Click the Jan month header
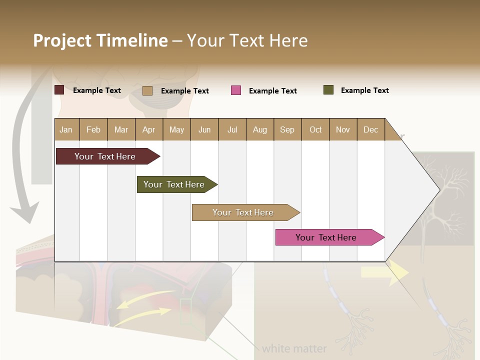pyautogui.click(x=66, y=129)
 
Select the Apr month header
pyautogui.click(x=148, y=129)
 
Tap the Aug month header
pyautogui.click(x=259, y=129)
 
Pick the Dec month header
pyautogui.click(x=370, y=129)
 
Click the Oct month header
pyautogui.click(x=315, y=129)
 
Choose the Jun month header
pyautogui.click(x=204, y=129)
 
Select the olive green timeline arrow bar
pyautogui.click(x=175, y=184)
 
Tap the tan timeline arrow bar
pyautogui.click(x=244, y=212)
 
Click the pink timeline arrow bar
pyautogui.click(x=327, y=237)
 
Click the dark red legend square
pyautogui.click(x=59, y=90)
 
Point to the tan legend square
pyautogui.click(x=147, y=90)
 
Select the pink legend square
pyautogui.click(x=236, y=90)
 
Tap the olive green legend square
pyautogui.click(x=328, y=90)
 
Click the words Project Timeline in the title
pyautogui.click(x=100, y=40)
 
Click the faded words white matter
pyautogui.click(x=294, y=348)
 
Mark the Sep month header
pyautogui.click(x=287, y=129)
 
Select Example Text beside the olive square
pyautogui.click(x=364, y=90)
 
